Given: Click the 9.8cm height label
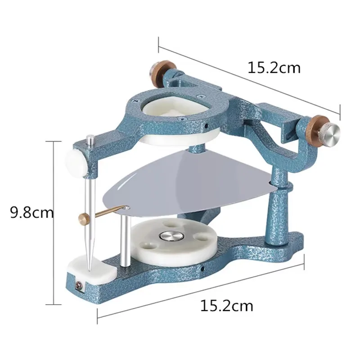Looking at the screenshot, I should tap(32, 212).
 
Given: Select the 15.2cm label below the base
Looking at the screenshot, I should tap(226, 306).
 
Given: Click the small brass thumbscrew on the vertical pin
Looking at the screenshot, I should tap(85, 219).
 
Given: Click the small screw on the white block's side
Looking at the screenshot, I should tap(79, 285).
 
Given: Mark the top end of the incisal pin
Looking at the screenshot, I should tap(90, 137).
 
